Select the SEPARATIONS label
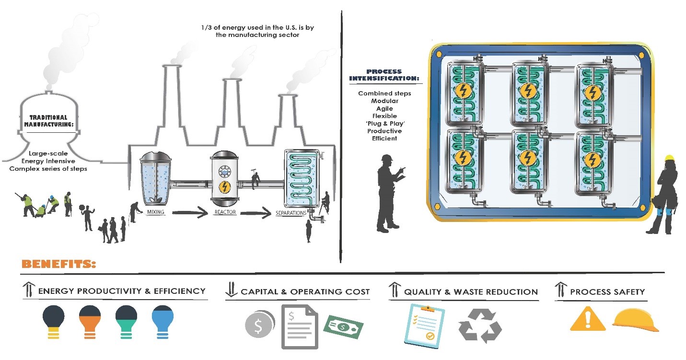tap(291, 213)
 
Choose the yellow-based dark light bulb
tap(54, 322)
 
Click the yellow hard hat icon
tap(635, 320)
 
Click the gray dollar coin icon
tap(259, 325)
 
